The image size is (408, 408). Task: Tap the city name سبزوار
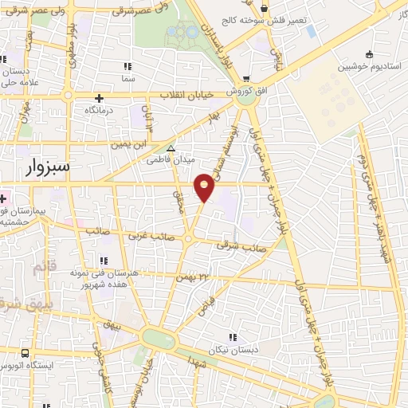[46, 167]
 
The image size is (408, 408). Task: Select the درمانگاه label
[100, 109]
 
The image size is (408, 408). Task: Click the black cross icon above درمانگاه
[99, 97]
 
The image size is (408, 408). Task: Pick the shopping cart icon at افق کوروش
[248, 79]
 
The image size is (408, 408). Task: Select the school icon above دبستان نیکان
[233, 337]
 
